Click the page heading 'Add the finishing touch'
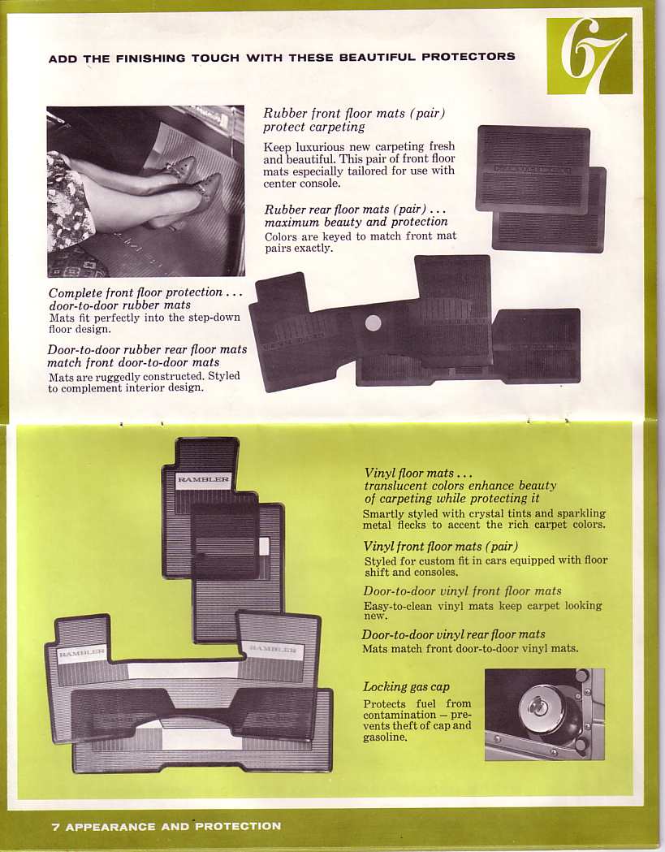(281, 58)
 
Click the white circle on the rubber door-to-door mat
(373, 323)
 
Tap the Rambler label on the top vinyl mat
(203, 479)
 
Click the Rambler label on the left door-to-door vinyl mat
(81, 653)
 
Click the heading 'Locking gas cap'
(406, 686)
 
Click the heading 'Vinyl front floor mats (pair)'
(440, 547)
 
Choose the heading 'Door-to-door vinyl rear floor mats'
(453, 634)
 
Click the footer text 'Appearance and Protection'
(173, 827)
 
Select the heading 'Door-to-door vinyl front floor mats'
(462, 591)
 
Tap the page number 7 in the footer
(55, 827)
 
